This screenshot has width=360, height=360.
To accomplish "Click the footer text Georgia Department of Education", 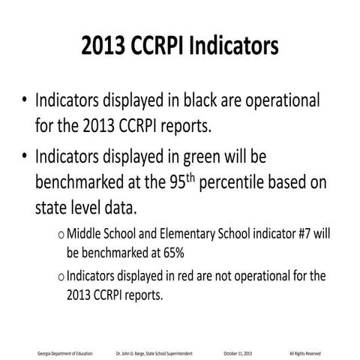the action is click(x=65, y=352).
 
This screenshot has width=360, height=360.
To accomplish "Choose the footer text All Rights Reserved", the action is click(x=305, y=352).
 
